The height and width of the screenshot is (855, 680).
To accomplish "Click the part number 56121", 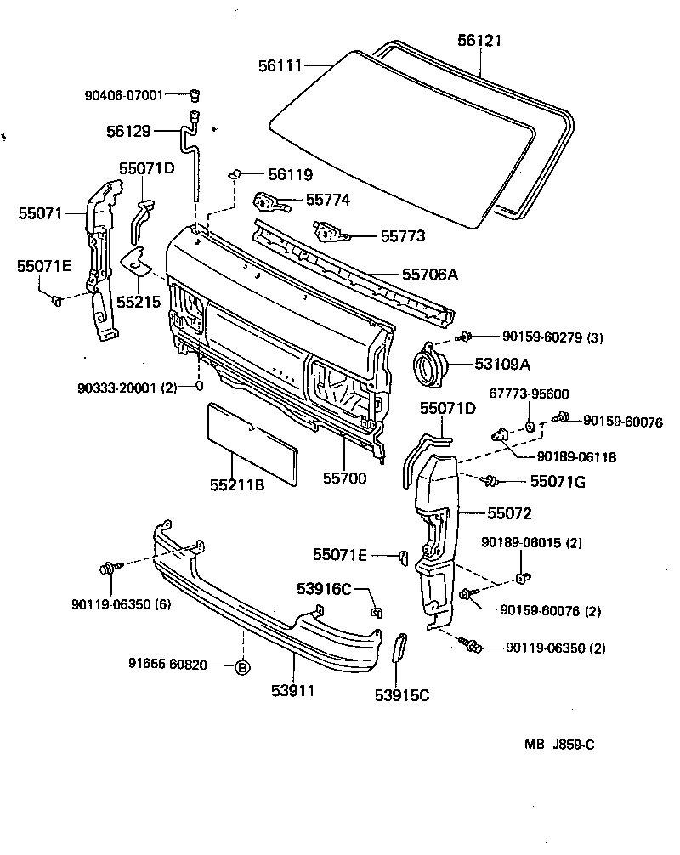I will click(479, 40).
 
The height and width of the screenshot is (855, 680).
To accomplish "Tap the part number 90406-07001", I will click(123, 94).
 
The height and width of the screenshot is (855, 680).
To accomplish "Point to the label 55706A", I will click(430, 274).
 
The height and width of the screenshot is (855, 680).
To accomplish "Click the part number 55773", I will click(403, 237).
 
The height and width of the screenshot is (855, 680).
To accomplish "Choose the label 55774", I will click(327, 200).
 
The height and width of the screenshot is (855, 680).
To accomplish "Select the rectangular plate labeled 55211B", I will click(252, 444).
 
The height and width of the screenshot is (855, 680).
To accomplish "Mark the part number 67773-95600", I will click(528, 394).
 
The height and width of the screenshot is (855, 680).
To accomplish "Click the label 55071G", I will click(558, 482).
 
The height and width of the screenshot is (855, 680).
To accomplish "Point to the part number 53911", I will click(293, 690).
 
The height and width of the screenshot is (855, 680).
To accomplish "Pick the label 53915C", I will click(402, 695).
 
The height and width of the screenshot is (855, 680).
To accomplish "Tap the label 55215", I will click(139, 301).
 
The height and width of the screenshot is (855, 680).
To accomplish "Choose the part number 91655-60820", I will click(167, 665).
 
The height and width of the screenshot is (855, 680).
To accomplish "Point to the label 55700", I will click(344, 478).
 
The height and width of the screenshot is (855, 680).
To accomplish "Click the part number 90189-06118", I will click(576, 456).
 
